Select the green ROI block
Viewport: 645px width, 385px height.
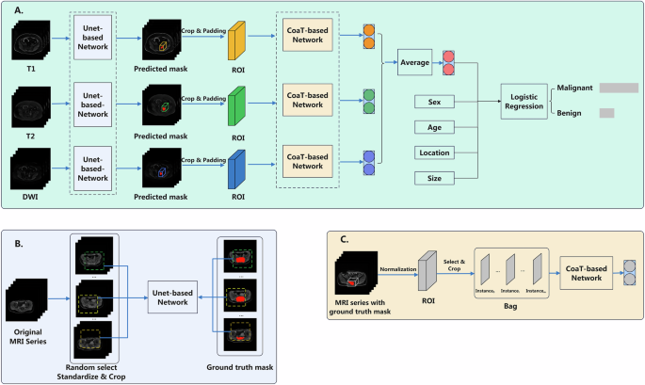click(x=237, y=99)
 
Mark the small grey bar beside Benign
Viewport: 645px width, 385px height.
click(x=606, y=113)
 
